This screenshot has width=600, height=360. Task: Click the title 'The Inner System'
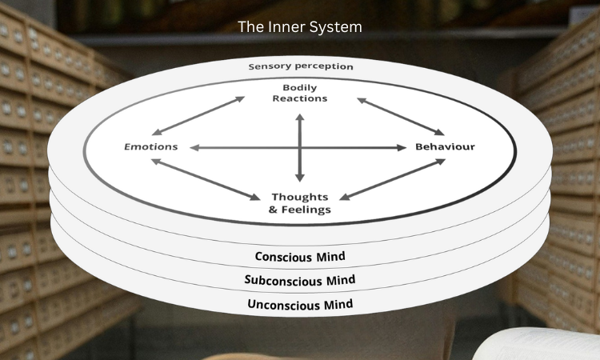pyautogui.click(x=300, y=26)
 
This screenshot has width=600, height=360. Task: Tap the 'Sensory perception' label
pyautogui.click(x=300, y=66)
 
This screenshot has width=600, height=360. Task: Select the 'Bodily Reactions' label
pyautogui.click(x=300, y=92)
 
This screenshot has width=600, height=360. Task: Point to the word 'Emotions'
pyautogui.click(x=150, y=146)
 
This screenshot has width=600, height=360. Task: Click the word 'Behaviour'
pyautogui.click(x=445, y=146)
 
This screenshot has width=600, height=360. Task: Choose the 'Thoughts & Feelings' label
pyautogui.click(x=300, y=203)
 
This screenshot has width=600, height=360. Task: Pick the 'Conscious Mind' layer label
pyautogui.click(x=300, y=257)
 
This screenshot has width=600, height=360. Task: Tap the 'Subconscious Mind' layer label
pyautogui.click(x=300, y=280)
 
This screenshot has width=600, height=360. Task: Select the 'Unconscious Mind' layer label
pyautogui.click(x=300, y=304)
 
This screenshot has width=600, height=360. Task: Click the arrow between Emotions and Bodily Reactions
pyautogui.click(x=198, y=116)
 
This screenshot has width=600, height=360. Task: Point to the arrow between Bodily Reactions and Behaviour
pyautogui.click(x=401, y=117)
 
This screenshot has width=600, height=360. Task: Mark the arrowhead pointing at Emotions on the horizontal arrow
pyautogui.click(x=194, y=147)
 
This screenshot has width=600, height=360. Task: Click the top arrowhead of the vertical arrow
pyautogui.click(x=300, y=118)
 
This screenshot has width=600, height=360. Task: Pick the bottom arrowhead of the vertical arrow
pyautogui.click(x=300, y=177)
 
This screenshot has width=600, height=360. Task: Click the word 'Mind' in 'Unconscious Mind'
pyautogui.click(x=336, y=304)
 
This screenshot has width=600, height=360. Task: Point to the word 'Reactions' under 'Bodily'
pyautogui.click(x=300, y=98)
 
